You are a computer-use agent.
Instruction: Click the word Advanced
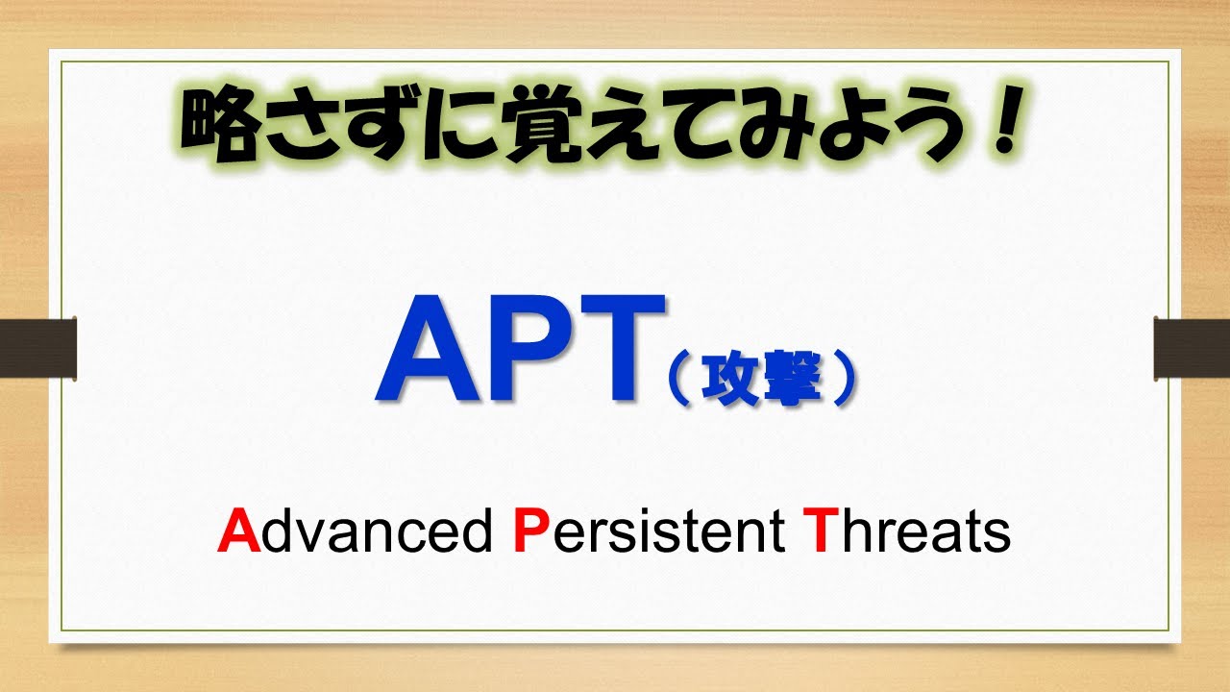(x=355, y=531)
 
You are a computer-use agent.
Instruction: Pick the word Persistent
(x=650, y=531)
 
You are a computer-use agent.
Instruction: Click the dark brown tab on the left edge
(x=37, y=346)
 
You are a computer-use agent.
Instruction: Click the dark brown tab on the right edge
(x=1192, y=346)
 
